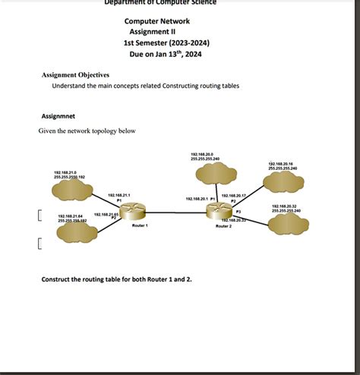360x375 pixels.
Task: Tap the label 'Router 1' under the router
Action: point(140,226)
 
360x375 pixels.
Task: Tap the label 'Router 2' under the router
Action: point(223,226)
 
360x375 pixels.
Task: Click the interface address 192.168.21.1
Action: point(119,195)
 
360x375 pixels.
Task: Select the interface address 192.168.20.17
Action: point(232,195)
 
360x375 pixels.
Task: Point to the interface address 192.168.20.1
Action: point(197,199)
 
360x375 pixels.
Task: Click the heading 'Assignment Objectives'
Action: point(75,75)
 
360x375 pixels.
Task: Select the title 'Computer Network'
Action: point(157,20)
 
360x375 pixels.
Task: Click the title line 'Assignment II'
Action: point(154,32)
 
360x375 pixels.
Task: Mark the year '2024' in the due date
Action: point(192,55)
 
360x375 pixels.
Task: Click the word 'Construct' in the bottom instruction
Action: point(58,279)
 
